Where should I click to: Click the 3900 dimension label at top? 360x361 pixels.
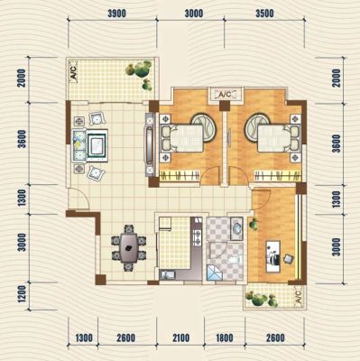pos(116,14)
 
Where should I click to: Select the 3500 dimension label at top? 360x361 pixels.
pos(264,14)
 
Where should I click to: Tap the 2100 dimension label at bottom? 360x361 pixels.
pos(180,338)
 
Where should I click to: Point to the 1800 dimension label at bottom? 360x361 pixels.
pos(225,338)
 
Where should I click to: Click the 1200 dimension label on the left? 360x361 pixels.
pos(22,294)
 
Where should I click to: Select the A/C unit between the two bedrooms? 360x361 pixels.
pos(225,94)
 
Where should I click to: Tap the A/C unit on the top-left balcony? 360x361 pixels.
pos(74,71)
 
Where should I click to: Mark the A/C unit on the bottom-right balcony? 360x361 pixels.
pos(297,296)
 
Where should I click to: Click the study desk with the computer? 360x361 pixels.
pos(273,256)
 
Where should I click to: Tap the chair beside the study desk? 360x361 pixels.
pos(288,258)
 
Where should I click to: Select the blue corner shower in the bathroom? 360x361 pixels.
pos(215,273)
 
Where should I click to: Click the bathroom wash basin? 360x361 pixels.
pos(236,228)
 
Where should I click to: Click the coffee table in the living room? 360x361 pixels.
pos(97,145)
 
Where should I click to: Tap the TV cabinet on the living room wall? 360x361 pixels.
pos(150,144)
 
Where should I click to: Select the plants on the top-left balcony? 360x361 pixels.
pos(140,74)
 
